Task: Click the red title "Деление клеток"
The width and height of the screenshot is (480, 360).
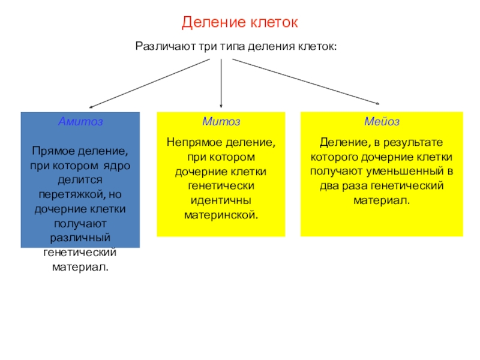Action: point(240,23)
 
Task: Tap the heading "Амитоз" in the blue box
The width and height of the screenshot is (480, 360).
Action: point(80,121)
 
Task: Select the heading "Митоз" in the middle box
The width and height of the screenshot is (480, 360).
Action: point(221,121)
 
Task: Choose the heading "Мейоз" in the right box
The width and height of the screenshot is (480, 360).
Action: point(382,121)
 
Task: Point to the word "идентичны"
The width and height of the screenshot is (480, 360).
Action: point(221,200)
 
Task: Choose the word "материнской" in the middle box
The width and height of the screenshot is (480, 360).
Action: point(221,214)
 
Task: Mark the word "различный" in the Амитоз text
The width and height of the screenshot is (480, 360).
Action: point(80,238)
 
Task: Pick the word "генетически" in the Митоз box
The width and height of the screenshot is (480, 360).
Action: point(221,186)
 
